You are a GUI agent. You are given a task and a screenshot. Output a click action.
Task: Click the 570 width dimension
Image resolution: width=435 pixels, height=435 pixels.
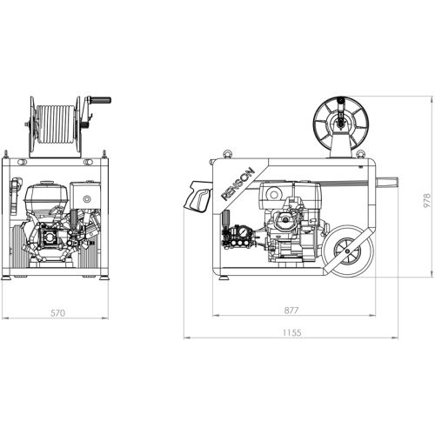point(57,313)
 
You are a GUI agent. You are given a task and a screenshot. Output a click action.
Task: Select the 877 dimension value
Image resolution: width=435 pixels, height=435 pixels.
point(291,311)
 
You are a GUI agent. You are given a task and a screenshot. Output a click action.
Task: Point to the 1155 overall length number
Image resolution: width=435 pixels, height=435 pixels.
point(291,332)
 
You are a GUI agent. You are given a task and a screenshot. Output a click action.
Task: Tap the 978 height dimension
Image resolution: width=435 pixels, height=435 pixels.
point(427,200)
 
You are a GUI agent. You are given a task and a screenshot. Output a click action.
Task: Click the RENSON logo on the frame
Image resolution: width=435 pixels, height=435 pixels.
point(238,184)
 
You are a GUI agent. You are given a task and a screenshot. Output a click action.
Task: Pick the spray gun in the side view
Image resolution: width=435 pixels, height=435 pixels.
point(198,197)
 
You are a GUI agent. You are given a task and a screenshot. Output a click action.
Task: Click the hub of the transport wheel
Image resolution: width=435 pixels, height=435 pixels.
point(347,251)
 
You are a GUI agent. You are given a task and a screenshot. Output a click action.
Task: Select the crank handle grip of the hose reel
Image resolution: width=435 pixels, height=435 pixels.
point(101,100)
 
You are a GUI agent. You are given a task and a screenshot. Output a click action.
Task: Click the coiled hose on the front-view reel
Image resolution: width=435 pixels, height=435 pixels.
point(56,124)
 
